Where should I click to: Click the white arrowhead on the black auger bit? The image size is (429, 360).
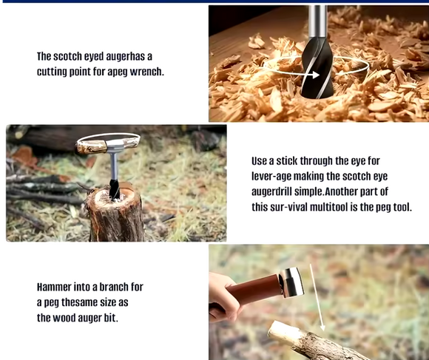coord(315,75)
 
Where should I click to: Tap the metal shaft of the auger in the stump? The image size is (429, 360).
coord(113,166)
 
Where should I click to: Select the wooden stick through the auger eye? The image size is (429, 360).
coord(107,144)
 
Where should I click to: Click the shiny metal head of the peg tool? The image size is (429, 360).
coord(291,282)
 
